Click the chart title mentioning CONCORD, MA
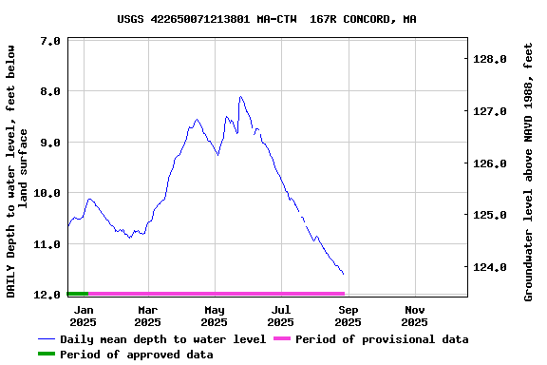(266, 19)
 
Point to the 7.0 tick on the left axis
(51, 41)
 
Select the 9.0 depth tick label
(51, 143)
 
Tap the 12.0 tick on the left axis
(51, 295)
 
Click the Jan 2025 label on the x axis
(84, 316)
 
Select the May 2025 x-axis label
(215, 316)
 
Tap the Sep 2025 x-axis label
(349, 316)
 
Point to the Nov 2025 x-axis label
(415, 316)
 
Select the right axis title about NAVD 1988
(529, 171)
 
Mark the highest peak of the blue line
(241, 96)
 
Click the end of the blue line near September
(343, 274)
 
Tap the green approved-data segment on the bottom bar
(78, 294)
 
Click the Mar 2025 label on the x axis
(148, 316)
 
